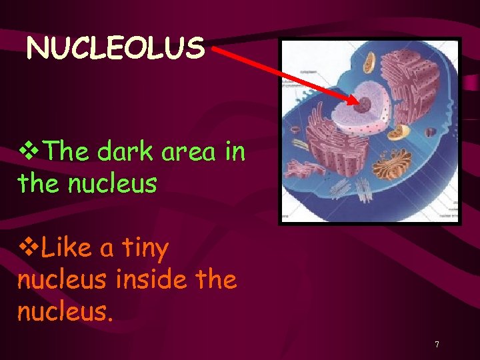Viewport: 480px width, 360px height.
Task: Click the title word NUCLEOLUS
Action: click(x=115, y=48)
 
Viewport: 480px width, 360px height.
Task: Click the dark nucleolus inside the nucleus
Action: click(x=366, y=105)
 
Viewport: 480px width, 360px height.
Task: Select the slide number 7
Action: click(x=437, y=345)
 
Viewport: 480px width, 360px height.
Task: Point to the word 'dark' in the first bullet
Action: click(x=123, y=152)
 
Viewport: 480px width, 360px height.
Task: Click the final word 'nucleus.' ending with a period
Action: click(x=65, y=311)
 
